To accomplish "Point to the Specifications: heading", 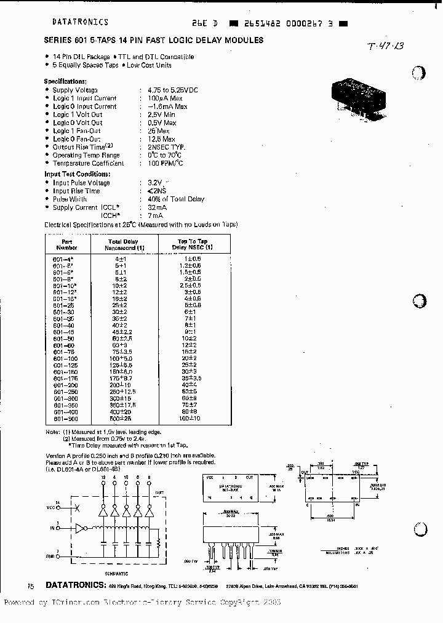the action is point(65,82).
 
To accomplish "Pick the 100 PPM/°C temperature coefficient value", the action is point(166,163).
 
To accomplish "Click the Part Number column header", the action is point(68,245).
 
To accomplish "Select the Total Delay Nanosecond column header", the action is point(123,245).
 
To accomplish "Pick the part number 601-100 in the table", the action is point(68,358).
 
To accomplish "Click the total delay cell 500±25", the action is point(123,419).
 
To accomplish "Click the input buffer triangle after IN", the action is point(80,528).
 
